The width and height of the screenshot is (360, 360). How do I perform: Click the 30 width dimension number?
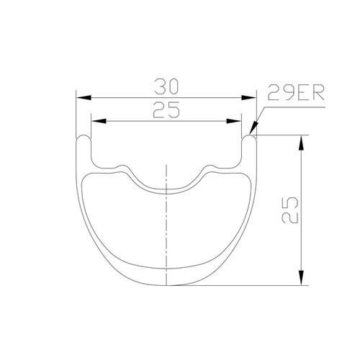tap(166, 86)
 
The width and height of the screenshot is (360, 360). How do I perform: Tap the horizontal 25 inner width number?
tap(166, 109)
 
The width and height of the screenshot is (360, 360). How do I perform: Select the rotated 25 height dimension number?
tap(290, 210)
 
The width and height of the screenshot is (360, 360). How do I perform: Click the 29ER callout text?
tap(296, 92)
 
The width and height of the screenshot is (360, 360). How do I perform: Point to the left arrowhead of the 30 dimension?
tap(84, 98)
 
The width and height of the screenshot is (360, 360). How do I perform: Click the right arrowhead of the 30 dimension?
tap(248, 98)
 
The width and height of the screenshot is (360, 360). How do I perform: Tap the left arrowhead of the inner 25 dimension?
tap(99, 121)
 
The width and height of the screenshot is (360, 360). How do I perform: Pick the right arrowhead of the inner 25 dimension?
tap(234, 121)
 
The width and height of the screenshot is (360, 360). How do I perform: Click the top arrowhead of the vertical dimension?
tap(301, 143)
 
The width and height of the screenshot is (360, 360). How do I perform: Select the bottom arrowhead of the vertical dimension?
tap(301, 278)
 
